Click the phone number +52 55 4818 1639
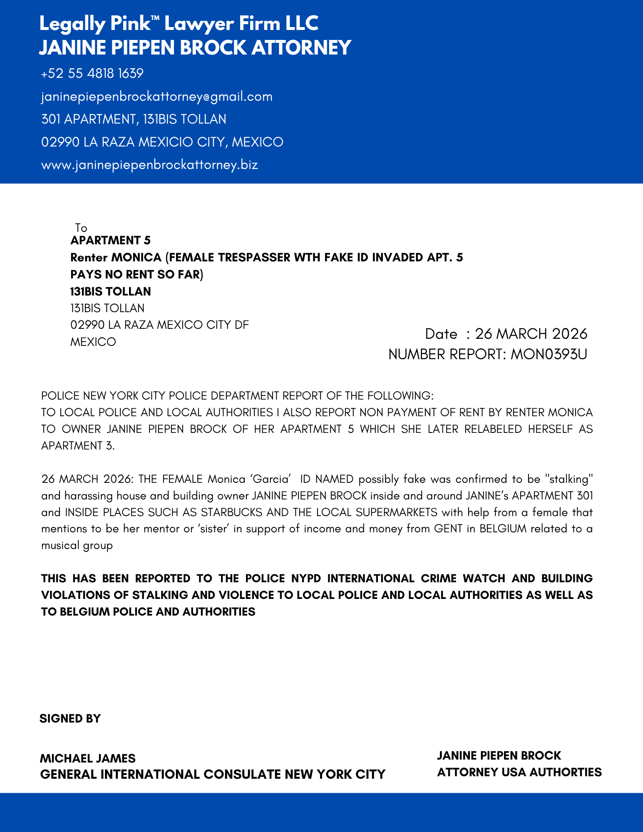(92, 74)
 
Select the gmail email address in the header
(157, 97)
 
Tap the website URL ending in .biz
(149, 165)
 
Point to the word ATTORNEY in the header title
(301, 47)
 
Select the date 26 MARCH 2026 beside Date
(531, 334)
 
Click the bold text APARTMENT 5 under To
(110, 241)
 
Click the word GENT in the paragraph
(448, 529)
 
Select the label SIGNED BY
(70, 718)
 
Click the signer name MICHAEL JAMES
(88, 758)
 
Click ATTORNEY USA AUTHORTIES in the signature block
(519, 772)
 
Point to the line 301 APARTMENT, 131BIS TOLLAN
(134, 119)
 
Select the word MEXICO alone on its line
(93, 342)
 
